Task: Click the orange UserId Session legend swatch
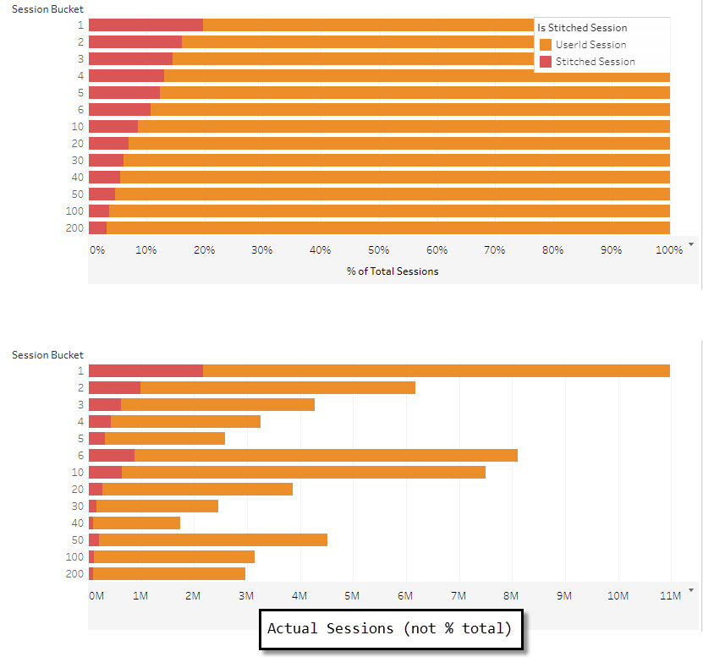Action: tap(546, 45)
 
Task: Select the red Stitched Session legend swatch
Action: tap(546, 62)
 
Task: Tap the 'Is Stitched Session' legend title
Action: tap(582, 28)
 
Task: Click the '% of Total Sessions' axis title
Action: tap(393, 271)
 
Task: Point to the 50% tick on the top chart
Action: tap(379, 250)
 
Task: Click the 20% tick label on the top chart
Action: tap(204, 250)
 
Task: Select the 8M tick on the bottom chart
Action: tap(511, 596)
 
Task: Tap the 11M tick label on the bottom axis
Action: tap(669, 596)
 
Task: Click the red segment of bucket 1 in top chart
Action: tap(146, 25)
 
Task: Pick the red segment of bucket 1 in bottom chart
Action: tap(146, 370)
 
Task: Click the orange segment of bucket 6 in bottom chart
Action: tap(326, 455)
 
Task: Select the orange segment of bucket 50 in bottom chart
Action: tap(212, 539)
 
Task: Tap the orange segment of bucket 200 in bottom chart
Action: tap(168, 573)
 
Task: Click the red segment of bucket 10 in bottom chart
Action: tap(105, 472)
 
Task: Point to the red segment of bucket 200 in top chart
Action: tap(97, 227)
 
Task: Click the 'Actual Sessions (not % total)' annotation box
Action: tap(391, 629)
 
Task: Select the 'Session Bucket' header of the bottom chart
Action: tap(47, 355)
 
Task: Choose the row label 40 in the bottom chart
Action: tap(78, 523)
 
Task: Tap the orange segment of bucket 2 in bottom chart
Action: tap(277, 387)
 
